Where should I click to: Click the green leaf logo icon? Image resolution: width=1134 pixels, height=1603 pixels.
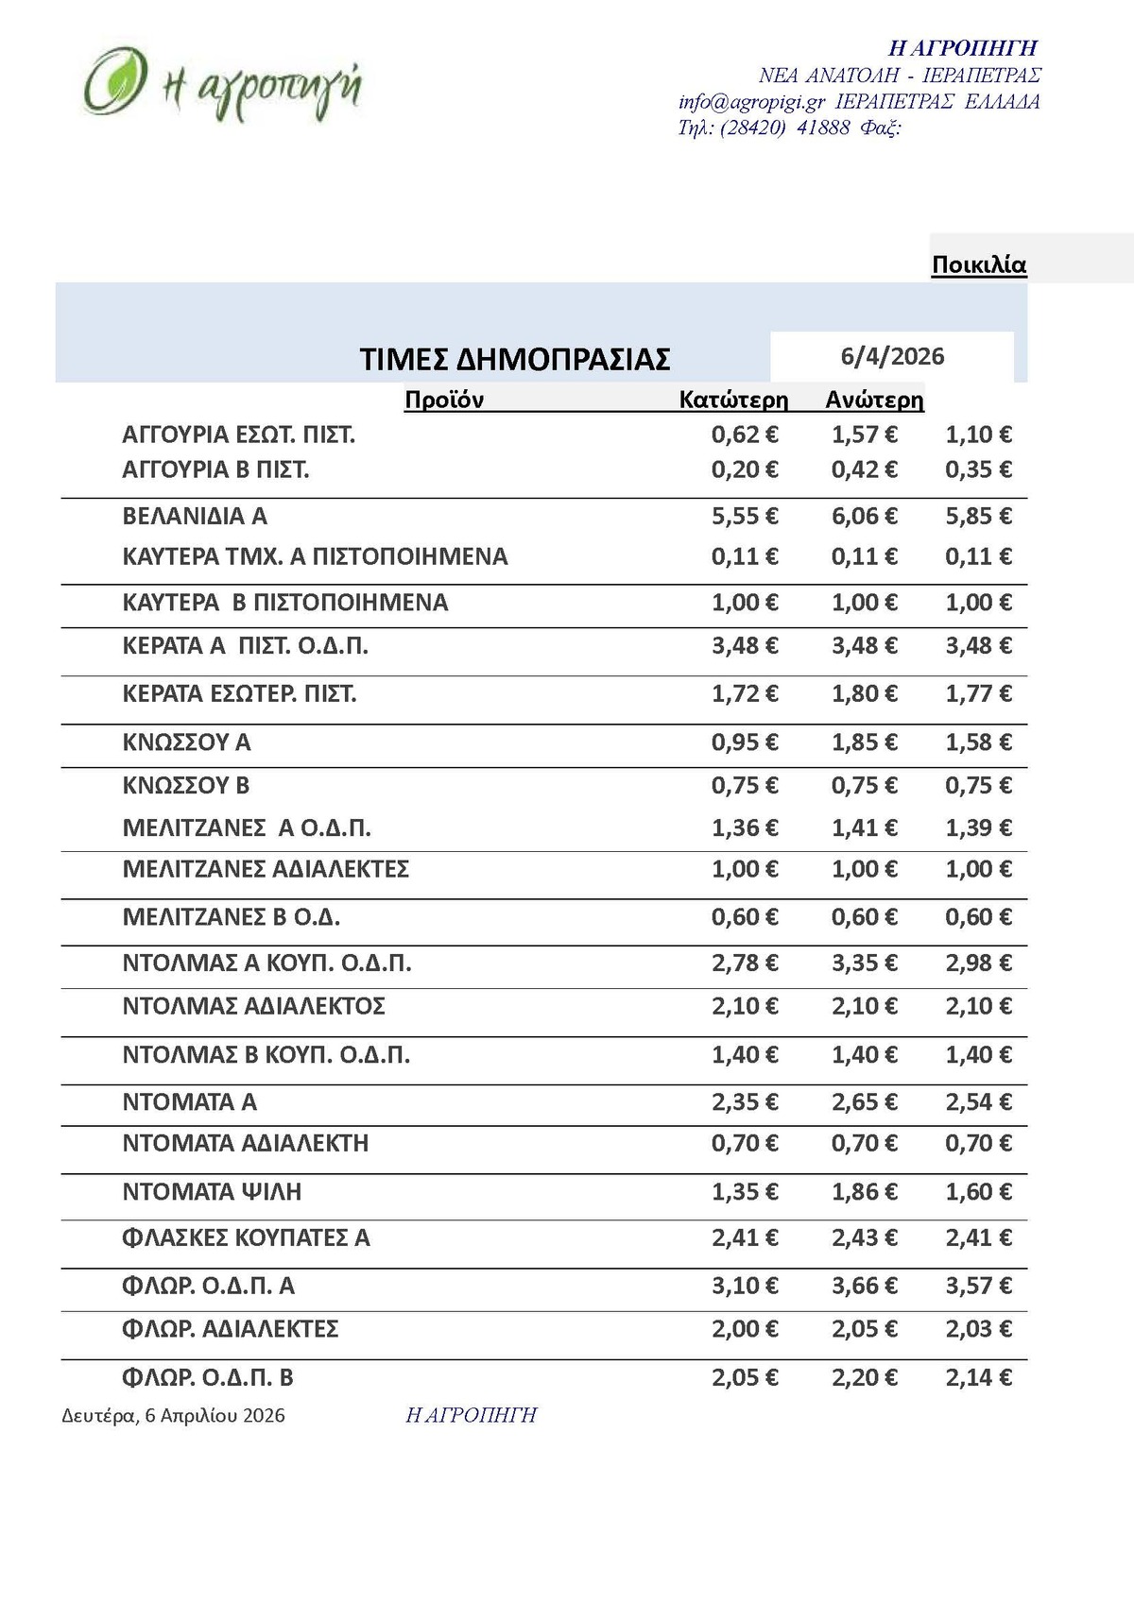click(115, 81)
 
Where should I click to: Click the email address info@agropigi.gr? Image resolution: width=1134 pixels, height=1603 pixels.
click(751, 102)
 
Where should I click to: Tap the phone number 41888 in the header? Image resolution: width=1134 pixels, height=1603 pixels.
click(823, 128)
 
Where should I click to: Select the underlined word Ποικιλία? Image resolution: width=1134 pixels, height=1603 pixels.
click(978, 265)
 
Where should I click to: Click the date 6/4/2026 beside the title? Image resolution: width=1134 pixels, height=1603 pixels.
click(892, 356)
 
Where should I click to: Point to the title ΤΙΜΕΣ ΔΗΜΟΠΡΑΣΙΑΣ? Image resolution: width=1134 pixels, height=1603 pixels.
click(515, 360)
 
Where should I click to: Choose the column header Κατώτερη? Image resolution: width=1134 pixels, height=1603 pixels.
click(733, 400)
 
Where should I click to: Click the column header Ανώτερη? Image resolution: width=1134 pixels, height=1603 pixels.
click(874, 400)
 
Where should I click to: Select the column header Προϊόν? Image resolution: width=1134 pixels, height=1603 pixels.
click(444, 400)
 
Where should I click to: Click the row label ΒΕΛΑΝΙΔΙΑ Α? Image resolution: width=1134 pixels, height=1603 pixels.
click(195, 517)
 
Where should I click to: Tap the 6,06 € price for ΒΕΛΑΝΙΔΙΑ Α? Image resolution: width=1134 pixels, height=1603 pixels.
click(864, 517)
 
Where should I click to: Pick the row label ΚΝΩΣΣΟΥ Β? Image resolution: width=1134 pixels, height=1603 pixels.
click(186, 786)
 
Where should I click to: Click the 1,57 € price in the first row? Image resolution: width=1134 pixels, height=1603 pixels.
click(864, 435)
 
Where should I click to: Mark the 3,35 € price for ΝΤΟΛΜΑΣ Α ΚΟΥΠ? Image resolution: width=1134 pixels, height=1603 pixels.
click(864, 964)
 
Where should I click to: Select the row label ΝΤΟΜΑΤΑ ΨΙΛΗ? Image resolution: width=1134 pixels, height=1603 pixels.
click(212, 1192)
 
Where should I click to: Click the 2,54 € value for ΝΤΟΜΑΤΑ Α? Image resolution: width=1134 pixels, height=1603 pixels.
click(978, 1102)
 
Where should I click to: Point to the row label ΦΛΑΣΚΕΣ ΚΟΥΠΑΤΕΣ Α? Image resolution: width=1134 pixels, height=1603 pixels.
click(246, 1237)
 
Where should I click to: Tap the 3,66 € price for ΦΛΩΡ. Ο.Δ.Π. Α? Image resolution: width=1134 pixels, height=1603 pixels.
click(864, 1286)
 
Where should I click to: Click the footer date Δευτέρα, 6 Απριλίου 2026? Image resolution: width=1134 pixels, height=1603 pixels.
click(173, 1416)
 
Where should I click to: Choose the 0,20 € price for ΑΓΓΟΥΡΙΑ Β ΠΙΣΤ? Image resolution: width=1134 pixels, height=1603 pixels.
click(745, 469)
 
